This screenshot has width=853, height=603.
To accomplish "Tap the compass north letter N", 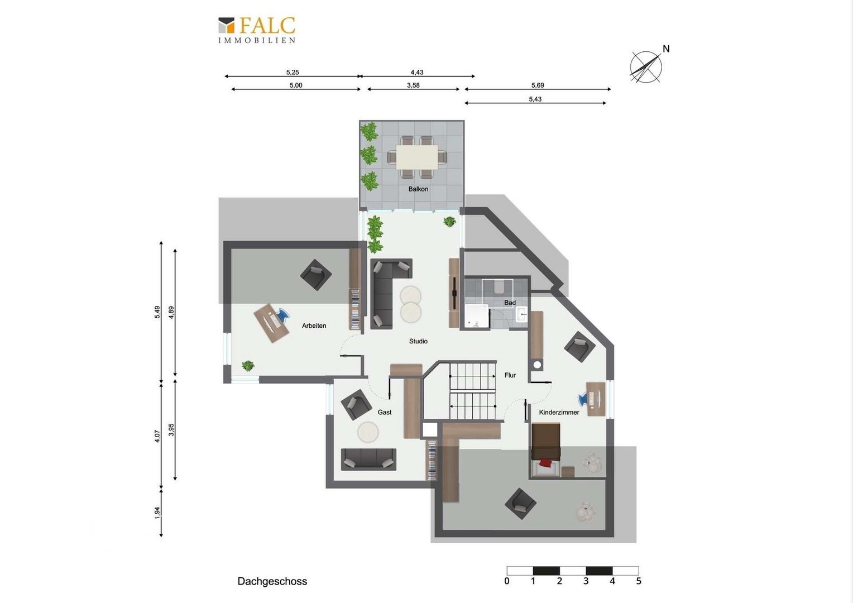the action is point(666,49).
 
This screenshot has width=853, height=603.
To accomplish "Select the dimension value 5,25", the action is point(293,72).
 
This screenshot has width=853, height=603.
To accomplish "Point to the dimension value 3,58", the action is point(413,85).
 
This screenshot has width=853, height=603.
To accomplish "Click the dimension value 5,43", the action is point(535,99).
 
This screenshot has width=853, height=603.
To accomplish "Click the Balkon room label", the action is point(418,189).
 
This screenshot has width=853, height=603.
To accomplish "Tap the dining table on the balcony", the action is point(417,157).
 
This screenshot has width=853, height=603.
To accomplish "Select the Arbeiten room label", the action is point(314,326).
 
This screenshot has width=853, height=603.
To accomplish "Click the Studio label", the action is point(418,341).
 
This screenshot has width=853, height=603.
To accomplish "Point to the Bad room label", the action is point(510,303).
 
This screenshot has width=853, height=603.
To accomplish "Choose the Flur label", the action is point(510,375).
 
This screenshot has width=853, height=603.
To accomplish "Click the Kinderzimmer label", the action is point(559,412).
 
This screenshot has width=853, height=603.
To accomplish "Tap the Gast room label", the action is point(385,412).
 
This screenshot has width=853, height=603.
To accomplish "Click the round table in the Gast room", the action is point(368,432).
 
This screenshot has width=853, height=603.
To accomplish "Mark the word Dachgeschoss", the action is point(272,581).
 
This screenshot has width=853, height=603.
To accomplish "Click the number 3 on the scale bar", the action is point(586,581).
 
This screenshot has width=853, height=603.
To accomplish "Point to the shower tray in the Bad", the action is point(476,316).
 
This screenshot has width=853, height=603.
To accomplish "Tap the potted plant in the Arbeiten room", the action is point(248,366).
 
